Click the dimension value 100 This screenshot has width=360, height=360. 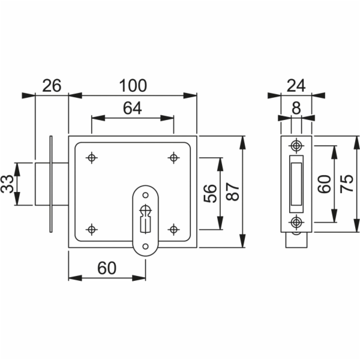(133, 86)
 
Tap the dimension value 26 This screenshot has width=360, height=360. (52, 86)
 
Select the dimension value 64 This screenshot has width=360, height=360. (133, 108)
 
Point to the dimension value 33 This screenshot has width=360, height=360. (8, 184)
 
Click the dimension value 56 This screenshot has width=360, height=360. (210, 193)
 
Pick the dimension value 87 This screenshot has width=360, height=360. (232, 192)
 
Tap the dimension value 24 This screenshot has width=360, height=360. (296, 86)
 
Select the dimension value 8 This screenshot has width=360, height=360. (296, 108)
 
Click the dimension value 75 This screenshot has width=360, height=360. (347, 184)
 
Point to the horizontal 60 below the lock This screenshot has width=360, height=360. (107, 268)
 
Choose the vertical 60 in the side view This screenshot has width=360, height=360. (325, 184)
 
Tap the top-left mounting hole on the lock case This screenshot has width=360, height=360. (92, 158)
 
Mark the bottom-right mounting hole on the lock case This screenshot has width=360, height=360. (173, 229)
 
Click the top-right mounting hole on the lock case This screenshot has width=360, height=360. (173, 158)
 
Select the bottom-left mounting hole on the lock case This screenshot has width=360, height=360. (92, 229)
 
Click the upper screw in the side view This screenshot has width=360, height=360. (296, 146)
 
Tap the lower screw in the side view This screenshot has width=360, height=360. (296, 222)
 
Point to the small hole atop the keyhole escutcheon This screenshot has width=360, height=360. (145, 196)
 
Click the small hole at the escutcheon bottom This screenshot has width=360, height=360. (145, 247)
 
